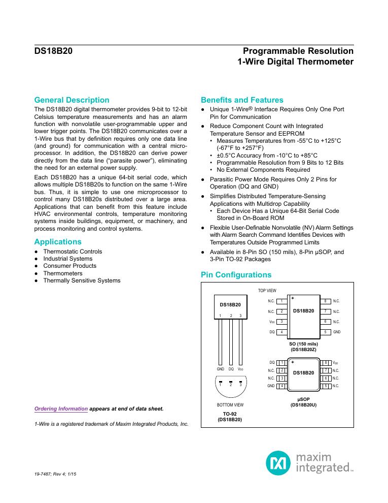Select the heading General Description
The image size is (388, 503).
click(x=71, y=100)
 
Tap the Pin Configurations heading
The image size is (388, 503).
click(x=236, y=275)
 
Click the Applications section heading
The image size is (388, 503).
click(x=58, y=242)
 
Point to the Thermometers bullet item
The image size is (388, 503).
click(x=62, y=273)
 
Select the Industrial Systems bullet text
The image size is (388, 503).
click(x=67, y=259)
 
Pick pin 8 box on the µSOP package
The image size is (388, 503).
click(x=327, y=362)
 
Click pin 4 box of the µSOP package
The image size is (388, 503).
click(x=281, y=386)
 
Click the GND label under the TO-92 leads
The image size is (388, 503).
click(x=221, y=368)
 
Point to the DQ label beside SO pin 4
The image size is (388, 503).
click(x=272, y=332)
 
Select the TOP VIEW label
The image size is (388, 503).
click(x=267, y=291)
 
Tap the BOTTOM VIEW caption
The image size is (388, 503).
click(x=230, y=405)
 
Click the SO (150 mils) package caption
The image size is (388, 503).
click(x=304, y=344)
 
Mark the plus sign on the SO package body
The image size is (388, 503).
click(x=293, y=297)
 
